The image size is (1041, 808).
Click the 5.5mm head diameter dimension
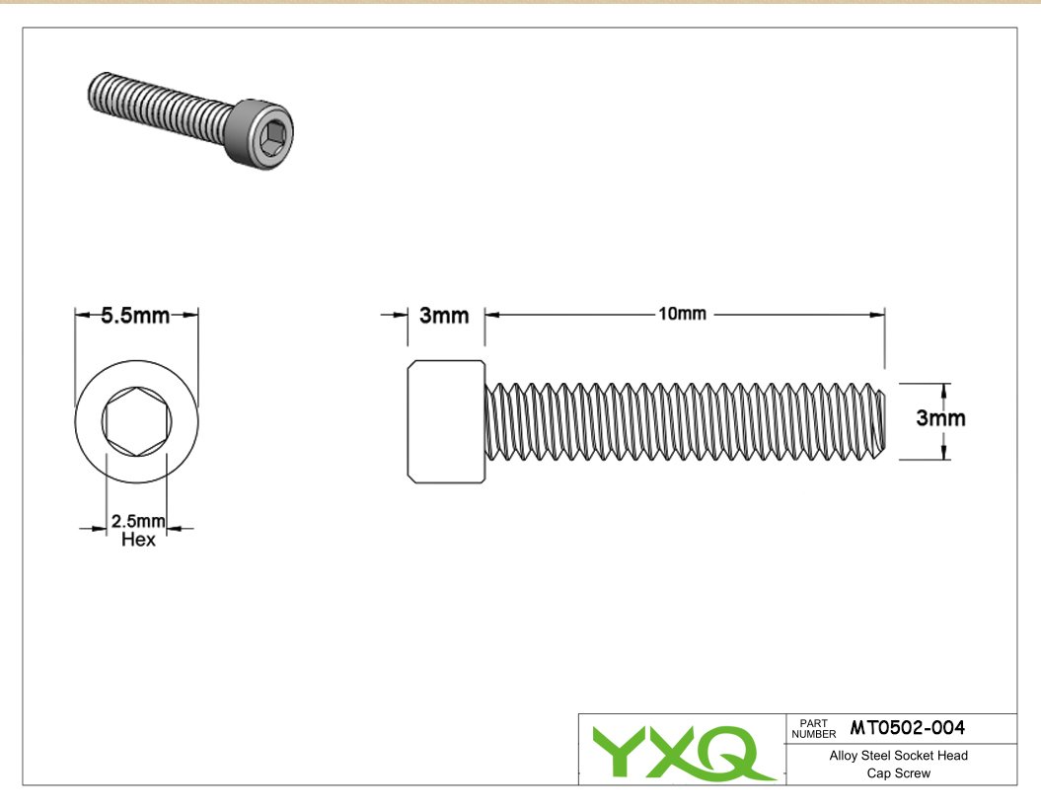135,316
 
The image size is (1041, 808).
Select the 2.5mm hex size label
138,521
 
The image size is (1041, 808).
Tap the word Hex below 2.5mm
138,540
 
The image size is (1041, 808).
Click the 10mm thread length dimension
682,314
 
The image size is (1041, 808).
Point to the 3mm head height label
444,316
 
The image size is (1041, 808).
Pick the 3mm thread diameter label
940,418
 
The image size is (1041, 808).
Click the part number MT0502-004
907,728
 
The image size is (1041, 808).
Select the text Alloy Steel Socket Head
898,756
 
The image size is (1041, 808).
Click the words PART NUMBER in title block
813,729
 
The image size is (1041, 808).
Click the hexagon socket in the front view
137,421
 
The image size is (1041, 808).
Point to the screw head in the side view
446,421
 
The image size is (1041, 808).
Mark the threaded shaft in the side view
685,421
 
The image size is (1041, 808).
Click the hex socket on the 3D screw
273,136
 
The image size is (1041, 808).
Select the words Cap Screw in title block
898,773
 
